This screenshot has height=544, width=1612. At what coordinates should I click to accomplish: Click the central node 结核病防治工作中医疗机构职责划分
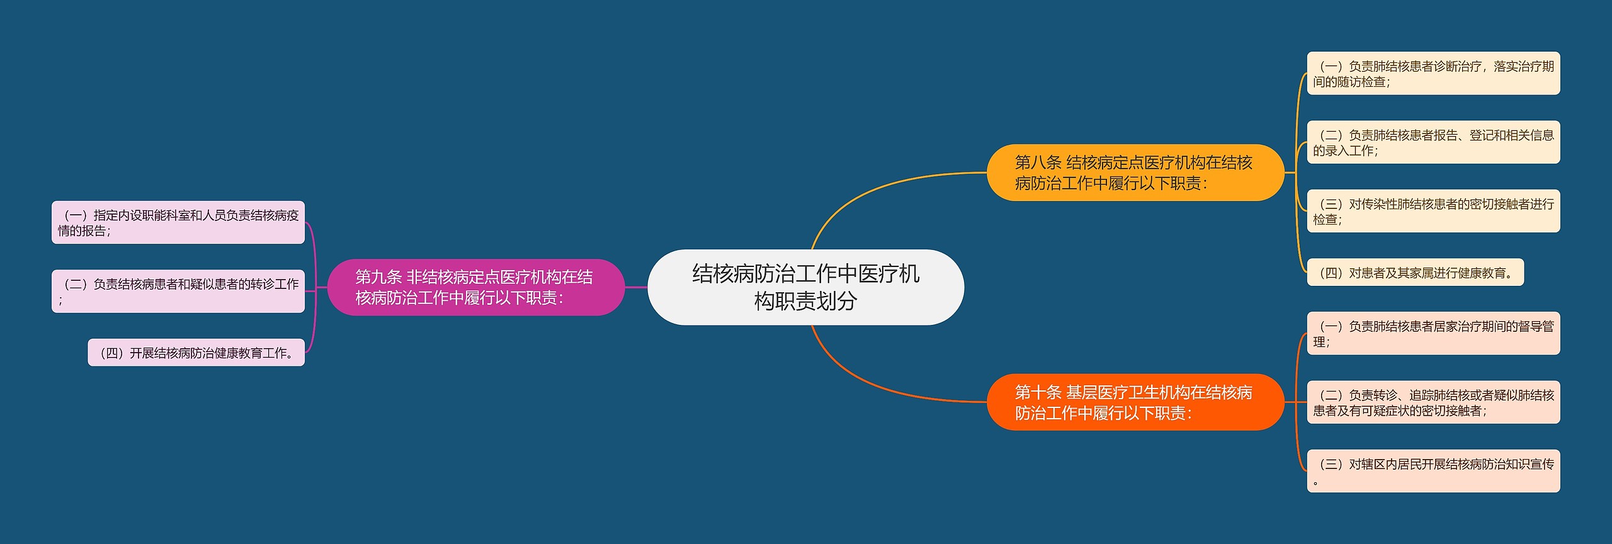pyautogui.click(x=805, y=287)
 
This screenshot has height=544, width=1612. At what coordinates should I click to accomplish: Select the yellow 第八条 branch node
pyautogui.click(x=1135, y=173)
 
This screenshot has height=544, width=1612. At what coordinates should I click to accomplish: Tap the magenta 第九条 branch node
pyautogui.click(x=475, y=287)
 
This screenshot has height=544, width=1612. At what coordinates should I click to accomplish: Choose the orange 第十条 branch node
pyautogui.click(x=1135, y=402)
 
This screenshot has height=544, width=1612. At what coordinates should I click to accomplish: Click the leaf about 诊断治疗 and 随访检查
pyautogui.click(x=1433, y=74)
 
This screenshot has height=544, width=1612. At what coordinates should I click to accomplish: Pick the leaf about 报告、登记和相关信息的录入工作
pyautogui.click(x=1433, y=142)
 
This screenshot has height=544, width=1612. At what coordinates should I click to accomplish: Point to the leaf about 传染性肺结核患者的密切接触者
pyautogui.click(x=1433, y=211)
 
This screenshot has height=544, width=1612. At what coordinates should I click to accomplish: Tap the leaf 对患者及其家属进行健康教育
pyautogui.click(x=1415, y=273)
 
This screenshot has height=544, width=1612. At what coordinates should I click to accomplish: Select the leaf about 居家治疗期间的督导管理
pyautogui.click(x=1433, y=334)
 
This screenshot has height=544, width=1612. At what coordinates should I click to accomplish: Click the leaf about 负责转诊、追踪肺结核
pyautogui.click(x=1433, y=402)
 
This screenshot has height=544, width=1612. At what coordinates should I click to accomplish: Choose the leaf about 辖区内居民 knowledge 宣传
pyautogui.click(x=1433, y=471)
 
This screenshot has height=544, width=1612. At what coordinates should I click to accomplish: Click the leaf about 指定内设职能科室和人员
pyautogui.click(x=178, y=222)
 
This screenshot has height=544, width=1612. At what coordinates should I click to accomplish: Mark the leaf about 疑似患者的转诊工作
pyautogui.click(x=178, y=291)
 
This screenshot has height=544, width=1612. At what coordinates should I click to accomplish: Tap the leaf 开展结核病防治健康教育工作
pyautogui.click(x=196, y=353)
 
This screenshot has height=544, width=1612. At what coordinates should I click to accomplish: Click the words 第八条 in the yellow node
pyautogui.click(x=1038, y=162)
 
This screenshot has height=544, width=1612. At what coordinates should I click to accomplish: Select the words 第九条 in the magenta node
pyautogui.click(x=378, y=277)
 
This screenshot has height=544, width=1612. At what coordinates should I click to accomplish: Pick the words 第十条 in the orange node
pyautogui.click(x=1038, y=392)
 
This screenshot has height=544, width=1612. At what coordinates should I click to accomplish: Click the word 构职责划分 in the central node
pyautogui.click(x=805, y=301)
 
